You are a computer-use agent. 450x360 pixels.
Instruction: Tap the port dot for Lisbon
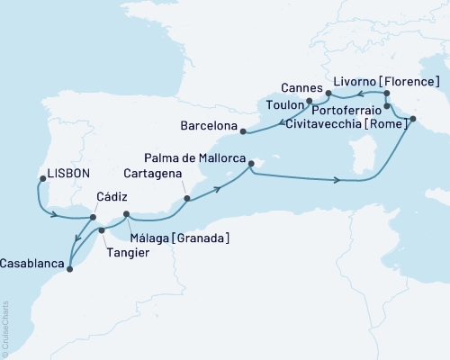(41, 179)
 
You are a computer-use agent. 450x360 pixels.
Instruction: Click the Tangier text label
(128, 253)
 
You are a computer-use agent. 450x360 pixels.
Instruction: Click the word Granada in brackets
(203, 237)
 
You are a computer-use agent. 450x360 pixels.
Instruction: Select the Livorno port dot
(386, 93)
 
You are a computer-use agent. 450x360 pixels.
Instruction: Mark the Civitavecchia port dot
(413, 119)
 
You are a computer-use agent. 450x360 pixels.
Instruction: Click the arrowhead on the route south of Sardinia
(338, 181)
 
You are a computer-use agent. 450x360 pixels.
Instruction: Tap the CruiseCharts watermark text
(4, 329)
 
